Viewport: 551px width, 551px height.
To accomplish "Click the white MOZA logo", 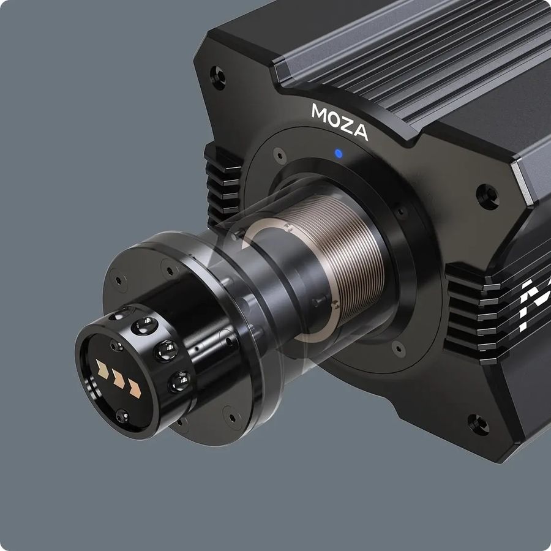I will pyautogui.click(x=339, y=121).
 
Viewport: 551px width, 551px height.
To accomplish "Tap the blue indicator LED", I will pyautogui.click(x=339, y=154).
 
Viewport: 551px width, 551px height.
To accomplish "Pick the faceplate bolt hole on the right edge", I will pyautogui.click(x=487, y=197).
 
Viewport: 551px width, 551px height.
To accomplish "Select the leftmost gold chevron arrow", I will pyautogui.click(x=102, y=369).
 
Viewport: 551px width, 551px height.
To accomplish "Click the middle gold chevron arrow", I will pyautogui.click(x=118, y=380).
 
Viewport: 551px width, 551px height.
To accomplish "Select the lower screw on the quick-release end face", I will pyautogui.click(x=122, y=416).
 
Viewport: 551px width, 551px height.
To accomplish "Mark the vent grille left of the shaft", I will pyautogui.click(x=222, y=184).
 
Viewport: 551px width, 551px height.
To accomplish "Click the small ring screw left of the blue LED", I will pyautogui.click(x=279, y=153).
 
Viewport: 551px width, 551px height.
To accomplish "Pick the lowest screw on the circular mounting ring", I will pyautogui.click(x=398, y=349).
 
